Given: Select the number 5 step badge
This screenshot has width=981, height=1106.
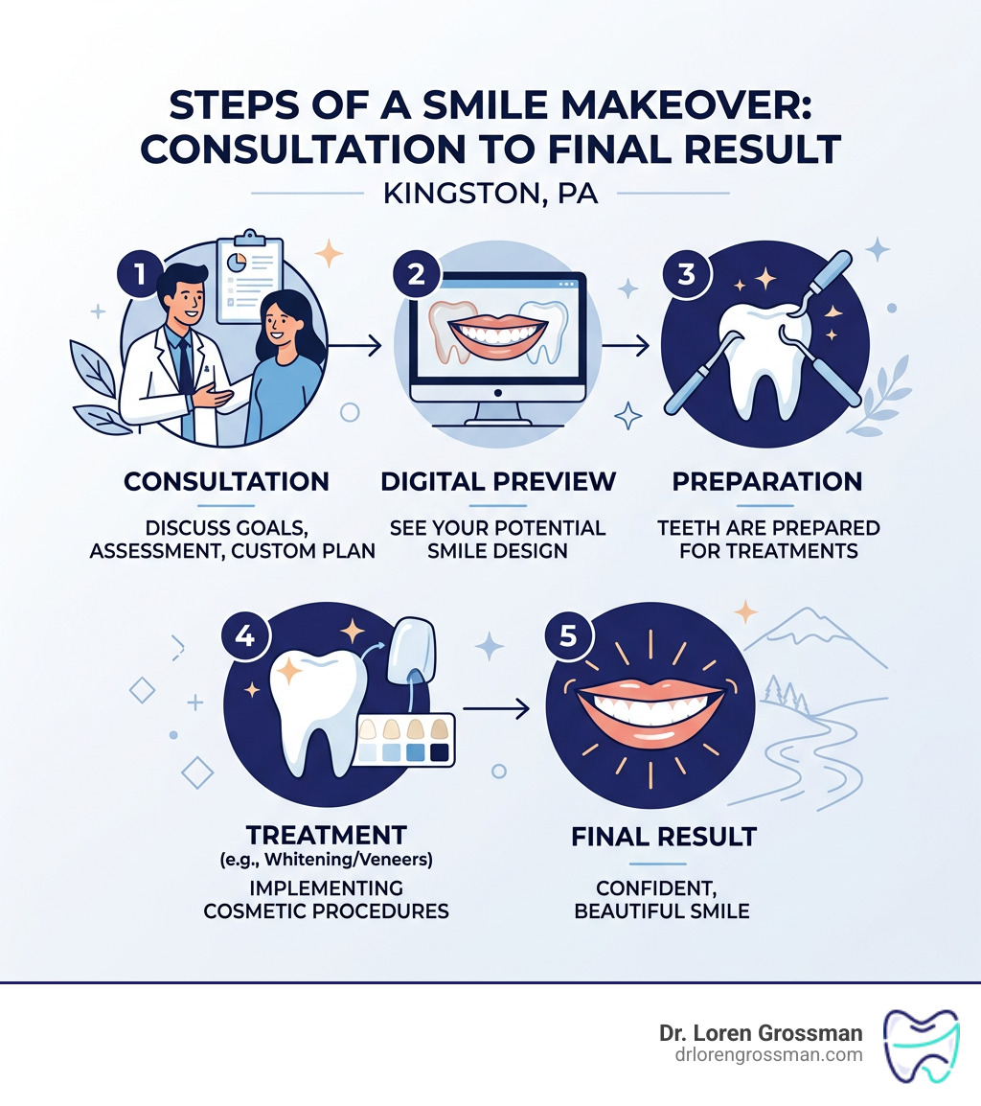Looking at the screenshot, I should coord(568,636).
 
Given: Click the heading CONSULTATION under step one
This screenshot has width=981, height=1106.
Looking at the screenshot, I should coord(226,481).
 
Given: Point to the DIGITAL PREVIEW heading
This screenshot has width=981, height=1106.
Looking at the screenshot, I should coord(498,481).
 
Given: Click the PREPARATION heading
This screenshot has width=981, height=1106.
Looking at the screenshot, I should coord(766,481).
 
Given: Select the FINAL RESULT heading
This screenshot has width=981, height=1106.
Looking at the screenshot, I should coord(663,837).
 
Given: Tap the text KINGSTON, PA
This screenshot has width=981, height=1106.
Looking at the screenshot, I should coord(490,195).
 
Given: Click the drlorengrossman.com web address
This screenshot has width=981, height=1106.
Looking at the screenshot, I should coord(761,1056).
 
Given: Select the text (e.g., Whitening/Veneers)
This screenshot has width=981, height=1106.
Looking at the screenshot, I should coord(327,859).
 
